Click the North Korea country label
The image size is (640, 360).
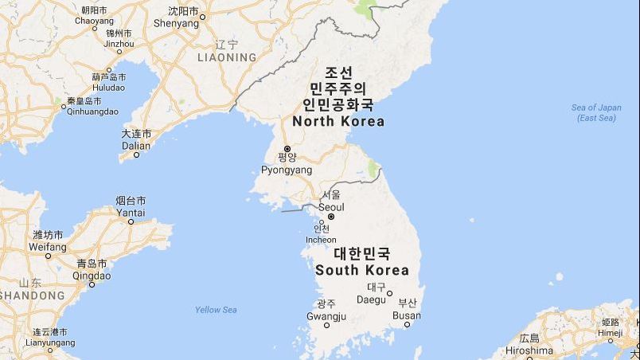pyautogui.click(x=338, y=122)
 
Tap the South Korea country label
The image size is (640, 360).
pyautogui.click(x=362, y=270)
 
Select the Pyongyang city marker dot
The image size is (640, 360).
pyautogui.click(x=287, y=148)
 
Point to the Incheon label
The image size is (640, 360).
pyautogui.click(x=321, y=240)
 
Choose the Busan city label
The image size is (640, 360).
pyautogui.click(x=407, y=316)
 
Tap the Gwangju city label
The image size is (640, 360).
pyautogui.click(x=326, y=317)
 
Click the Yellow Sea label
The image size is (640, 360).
pyautogui.click(x=216, y=310)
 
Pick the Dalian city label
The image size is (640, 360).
pyautogui.click(x=136, y=146)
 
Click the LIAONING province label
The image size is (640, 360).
pyautogui.click(x=227, y=57)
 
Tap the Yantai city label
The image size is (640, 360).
pyautogui.click(x=131, y=213)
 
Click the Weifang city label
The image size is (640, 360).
pyautogui.click(x=48, y=247)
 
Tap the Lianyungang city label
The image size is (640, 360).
pyautogui.click(x=50, y=342)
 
